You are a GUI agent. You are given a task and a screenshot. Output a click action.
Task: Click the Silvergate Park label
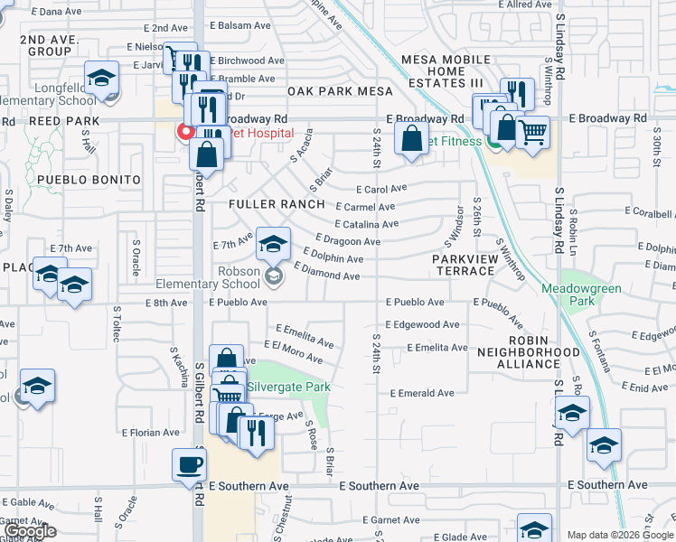tap(288, 387)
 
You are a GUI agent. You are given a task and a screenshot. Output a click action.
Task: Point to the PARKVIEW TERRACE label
tap(465, 265)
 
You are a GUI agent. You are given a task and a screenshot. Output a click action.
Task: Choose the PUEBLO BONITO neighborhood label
tap(89, 180)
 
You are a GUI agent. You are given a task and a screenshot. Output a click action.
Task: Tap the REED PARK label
tap(62, 121)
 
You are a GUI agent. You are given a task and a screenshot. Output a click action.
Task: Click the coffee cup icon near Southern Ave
tap(189, 464)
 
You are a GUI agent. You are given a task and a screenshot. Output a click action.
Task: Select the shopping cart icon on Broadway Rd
tap(533, 132)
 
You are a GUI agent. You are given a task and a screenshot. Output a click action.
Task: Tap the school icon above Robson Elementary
tap(273, 242)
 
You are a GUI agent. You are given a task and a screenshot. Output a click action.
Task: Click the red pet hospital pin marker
tap(186, 132)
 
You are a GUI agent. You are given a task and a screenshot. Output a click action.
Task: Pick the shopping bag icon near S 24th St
tap(411, 140)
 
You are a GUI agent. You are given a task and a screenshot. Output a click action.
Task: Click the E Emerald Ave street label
tap(421, 394)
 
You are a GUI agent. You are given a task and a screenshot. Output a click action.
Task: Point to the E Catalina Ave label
tap(366, 224)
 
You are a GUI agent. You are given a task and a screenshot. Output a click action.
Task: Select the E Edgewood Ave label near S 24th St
tap(422, 325)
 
